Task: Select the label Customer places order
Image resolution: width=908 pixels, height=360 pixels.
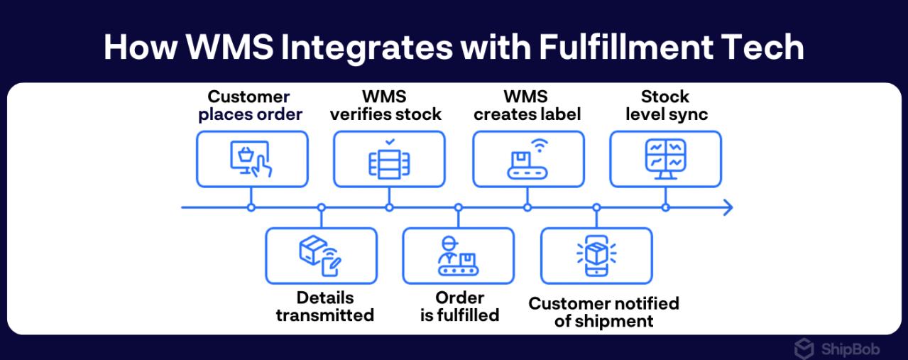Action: click(250, 105)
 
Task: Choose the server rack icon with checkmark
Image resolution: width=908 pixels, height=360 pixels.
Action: click(389, 158)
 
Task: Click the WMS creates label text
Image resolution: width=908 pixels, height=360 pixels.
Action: click(527, 105)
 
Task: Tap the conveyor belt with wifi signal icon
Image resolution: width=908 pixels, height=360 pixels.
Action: click(527, 158)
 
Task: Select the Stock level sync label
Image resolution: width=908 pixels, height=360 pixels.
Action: click(666, 105)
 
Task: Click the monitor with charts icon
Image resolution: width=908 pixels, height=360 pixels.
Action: click(665, 159)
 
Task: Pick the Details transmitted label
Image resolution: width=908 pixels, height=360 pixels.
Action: click(324, 306)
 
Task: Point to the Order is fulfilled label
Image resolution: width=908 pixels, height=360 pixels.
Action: click(459, 306)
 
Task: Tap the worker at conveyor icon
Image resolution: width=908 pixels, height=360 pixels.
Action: click(458, 256)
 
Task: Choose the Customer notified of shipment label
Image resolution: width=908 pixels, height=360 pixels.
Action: click(603, 312)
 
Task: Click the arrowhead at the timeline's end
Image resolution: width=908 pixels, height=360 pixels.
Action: click(727, 207)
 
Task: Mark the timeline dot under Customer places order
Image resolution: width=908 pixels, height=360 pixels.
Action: click(251, 207)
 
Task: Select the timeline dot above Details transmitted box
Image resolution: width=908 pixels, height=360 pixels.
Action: click(321, 207)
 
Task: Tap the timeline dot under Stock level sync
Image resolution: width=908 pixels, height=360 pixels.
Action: click(665, 207)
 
